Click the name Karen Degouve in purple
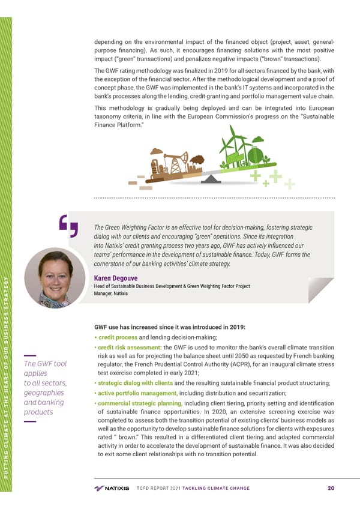(115, 277)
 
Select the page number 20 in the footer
(331, 487)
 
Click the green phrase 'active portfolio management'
(133, 393)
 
